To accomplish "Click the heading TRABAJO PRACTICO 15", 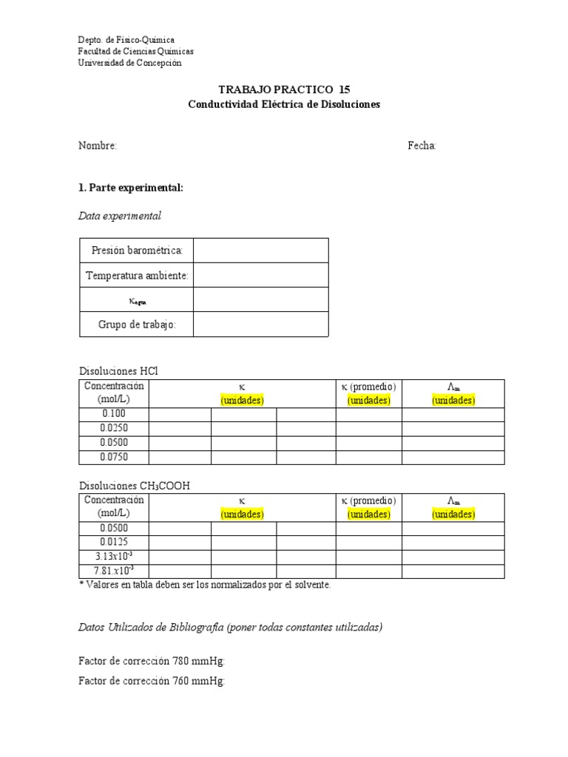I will (x=284, y=89).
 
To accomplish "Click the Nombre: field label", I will (x=98, y=146).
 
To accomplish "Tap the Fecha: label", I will (x=422, y=146).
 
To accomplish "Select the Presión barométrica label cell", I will (x=137, y=251).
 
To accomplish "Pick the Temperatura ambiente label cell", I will (x=137, y=276).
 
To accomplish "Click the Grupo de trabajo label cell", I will (x=137, y=325).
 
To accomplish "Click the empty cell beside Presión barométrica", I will (x=261, y=251).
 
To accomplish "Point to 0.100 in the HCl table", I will (x=114, y=415).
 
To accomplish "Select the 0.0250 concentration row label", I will (x=114, y=429).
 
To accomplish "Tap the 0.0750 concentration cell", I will (x=114, y=457).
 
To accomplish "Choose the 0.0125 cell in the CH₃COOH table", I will (x=114, y=543).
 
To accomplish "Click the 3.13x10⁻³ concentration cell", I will (x=114, y=557).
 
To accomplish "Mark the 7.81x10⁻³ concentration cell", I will (x=114, y=571).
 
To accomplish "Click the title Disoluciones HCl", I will (x=118, y=371).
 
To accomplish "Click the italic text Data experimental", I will (x=119, y=216).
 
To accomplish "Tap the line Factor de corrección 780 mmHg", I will (x=151, y=661).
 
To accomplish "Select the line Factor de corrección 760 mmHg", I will (x=151, y=681).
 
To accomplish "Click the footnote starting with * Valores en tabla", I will (x=205, y=585).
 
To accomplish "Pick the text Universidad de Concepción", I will (x=129, y=63).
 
